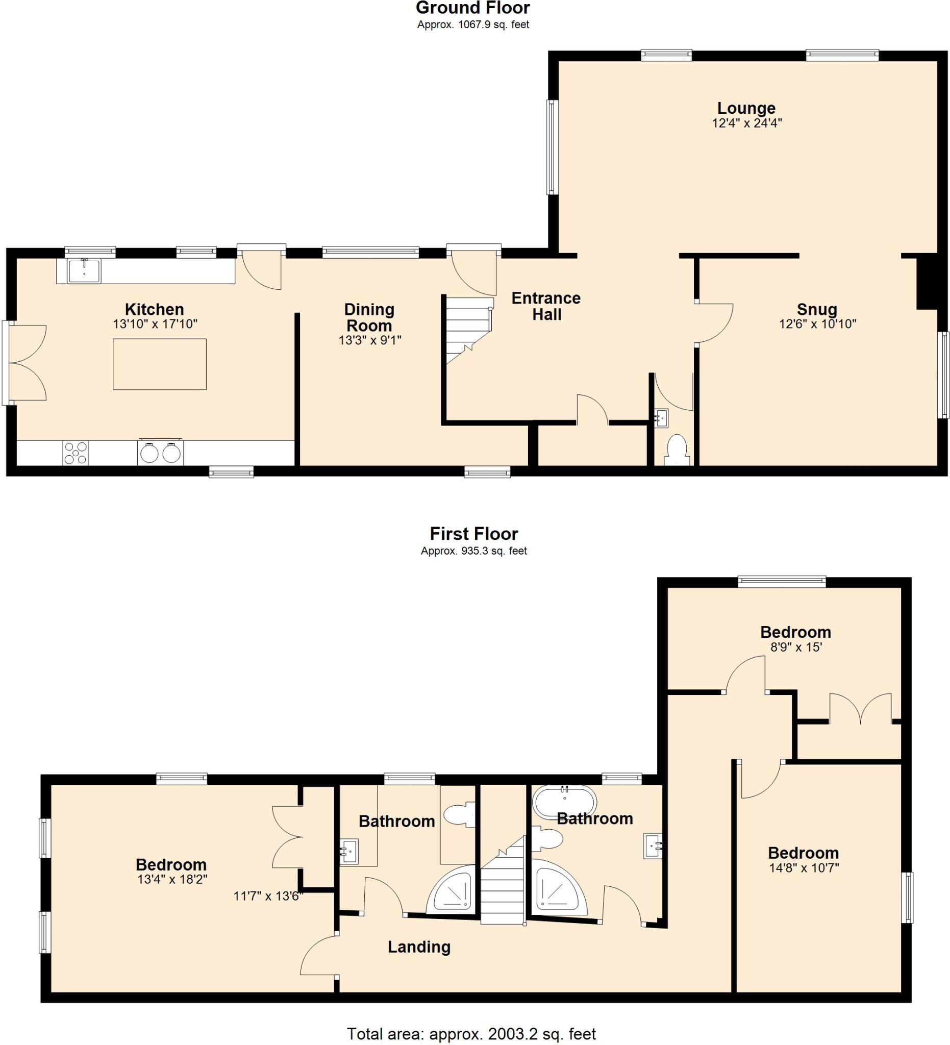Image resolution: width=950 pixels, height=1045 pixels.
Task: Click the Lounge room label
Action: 746,108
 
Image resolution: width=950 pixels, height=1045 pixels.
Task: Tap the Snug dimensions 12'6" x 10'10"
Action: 817,324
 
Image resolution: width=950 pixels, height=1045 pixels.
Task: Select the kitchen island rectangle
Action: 160,364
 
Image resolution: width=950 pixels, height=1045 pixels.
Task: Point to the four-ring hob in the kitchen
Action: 76,453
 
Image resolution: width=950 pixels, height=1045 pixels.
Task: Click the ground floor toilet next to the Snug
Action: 677,449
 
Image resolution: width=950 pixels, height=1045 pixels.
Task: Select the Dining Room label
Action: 369,317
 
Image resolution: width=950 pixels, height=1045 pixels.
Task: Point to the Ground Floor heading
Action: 472,8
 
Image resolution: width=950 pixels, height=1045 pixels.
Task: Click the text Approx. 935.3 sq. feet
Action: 473,551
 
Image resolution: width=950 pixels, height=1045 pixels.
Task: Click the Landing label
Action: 419,947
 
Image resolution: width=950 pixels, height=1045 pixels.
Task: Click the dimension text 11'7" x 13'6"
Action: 268,895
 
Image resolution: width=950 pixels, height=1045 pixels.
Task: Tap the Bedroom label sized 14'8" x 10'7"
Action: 803,853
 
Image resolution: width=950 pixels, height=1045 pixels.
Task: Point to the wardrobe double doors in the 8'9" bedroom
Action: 860,708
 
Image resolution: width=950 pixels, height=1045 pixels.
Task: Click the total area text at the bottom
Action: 470,1033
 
